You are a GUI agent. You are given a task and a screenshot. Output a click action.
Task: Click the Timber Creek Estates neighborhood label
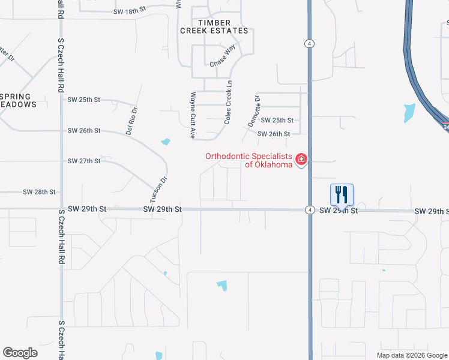(214, 26)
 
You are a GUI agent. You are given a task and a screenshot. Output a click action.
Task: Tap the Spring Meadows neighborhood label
(19, 100)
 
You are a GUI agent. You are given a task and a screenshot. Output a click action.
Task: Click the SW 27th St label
(83, 161)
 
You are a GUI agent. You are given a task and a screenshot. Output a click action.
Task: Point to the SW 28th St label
(39, 192)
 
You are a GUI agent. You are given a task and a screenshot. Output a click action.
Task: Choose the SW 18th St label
(130, 12)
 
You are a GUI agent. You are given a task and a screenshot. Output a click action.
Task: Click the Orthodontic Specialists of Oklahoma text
(249, 160)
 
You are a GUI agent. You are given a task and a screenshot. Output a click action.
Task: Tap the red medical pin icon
(301, 160)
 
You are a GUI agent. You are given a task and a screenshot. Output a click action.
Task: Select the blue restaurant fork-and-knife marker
(342, 194)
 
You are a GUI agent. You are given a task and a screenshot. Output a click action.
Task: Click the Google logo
(20, 353)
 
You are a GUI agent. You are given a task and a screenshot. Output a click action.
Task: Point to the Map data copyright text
(411, 355)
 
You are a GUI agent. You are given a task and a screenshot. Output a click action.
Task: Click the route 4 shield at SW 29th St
(309, 210)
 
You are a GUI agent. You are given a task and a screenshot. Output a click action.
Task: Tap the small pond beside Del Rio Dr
(165, 142)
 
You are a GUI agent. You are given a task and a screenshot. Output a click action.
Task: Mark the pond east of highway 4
(409, 112)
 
